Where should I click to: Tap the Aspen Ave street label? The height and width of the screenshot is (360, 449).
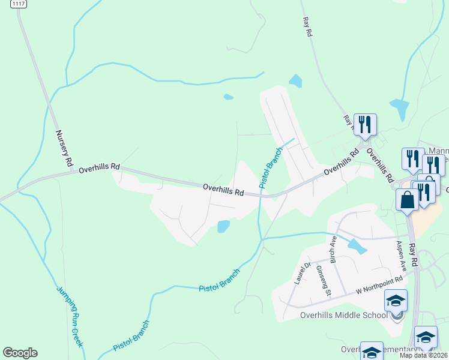pyautogui.click(x=400, y=257)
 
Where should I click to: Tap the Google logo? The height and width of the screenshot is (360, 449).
pyautogui.click(x=20, y=353)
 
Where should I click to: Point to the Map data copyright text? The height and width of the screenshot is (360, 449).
pyautogui.click(x=424, y=355)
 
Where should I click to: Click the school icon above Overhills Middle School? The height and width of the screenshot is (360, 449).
pyautogui.click(x=396, y=300)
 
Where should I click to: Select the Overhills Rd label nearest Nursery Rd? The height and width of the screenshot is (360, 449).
pyautogui.click(x=99, y=167)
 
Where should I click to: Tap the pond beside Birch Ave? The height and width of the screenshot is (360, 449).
pyautogui.click(x=357, y=246)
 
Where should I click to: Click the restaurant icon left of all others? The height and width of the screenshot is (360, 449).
pyautogui.click(x=364, y=124)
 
